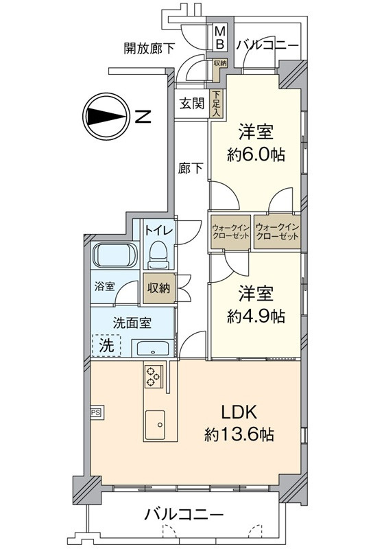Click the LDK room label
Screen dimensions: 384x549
[x=240, y=412]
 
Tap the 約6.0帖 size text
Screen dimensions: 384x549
[x=256, y=154]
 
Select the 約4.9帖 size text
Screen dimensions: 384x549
[x=256, y=316]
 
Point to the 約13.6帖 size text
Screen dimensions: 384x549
[x=239, y=434]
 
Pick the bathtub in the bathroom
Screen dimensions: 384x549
[x=115, y=255]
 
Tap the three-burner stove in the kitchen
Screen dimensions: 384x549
[x=153, y=376]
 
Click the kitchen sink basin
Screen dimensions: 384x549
[x=155, y=423]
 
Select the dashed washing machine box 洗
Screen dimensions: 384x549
[x=107, y=345]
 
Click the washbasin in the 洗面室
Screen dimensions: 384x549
[x=152, y=349]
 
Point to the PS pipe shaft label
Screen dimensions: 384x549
[x=95, y=412]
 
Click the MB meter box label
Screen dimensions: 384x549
[x=220, y=38]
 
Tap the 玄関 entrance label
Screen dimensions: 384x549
[x=191, y=104]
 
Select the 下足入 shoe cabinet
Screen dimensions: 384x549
[x=217, y=104]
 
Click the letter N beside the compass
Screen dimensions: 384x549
[x=143, y=116]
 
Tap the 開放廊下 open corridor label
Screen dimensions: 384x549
[x=149, y=49]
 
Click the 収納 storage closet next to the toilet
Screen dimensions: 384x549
[x=159, y=288]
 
